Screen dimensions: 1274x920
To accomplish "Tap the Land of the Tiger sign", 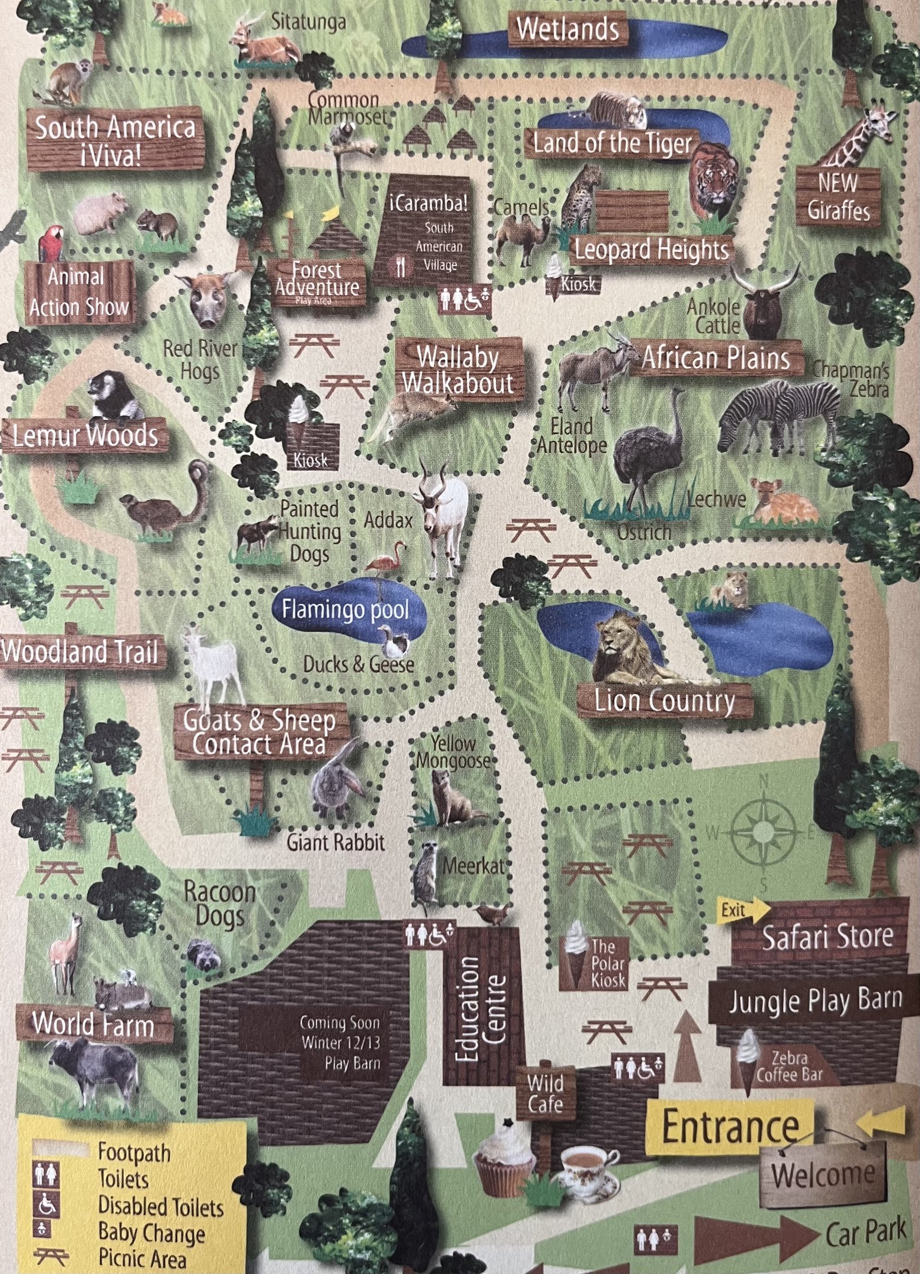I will click(x=612, y=143).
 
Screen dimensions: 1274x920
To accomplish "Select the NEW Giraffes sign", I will click(x=837, y=197).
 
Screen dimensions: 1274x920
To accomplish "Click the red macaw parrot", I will click(x=52, y=243).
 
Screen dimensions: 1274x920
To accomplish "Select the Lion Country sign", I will click(x=665, y=701).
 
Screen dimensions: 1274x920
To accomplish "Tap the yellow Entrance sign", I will click(x=730, y=1128).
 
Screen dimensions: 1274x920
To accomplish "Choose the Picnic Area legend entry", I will click(x=142, y=1259).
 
